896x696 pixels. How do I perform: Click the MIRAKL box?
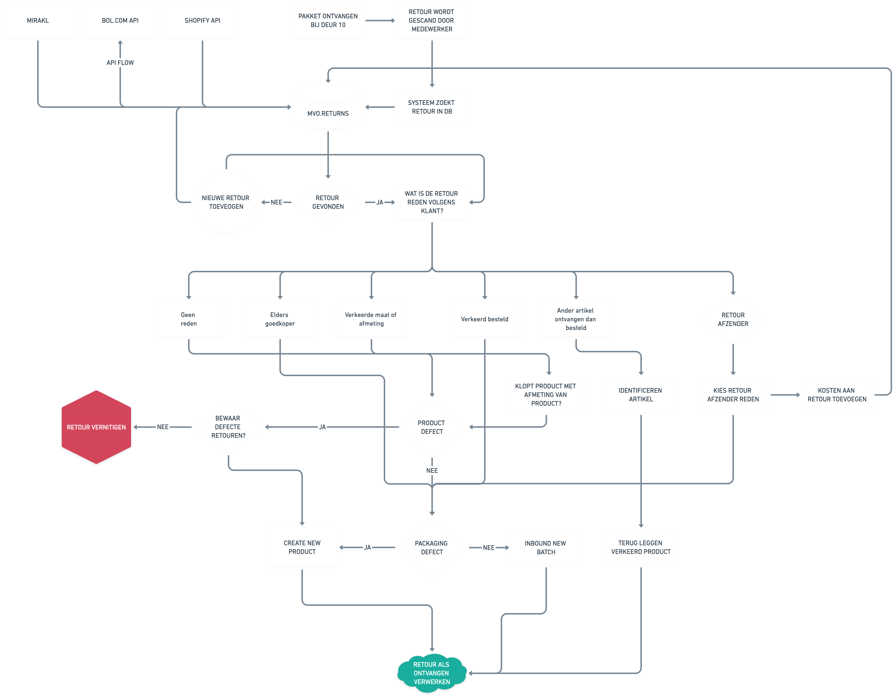38,21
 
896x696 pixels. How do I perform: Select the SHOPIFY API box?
202,21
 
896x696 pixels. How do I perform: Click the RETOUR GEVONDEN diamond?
328,202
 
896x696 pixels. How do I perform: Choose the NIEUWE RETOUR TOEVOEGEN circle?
226,202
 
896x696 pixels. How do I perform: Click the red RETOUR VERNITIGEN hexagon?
96,427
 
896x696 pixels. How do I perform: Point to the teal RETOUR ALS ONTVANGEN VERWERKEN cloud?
432,673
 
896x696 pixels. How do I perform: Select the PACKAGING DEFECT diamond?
432,548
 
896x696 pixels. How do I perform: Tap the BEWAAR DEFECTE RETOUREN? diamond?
228,427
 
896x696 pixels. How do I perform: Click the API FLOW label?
120,63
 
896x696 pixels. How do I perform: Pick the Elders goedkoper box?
280,319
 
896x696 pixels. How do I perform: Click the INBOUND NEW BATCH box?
545,548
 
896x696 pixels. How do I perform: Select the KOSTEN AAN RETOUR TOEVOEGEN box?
837,395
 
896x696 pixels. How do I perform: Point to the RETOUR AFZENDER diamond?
733,319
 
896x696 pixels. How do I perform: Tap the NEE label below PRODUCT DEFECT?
432,471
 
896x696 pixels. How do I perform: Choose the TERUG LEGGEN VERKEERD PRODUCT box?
641,547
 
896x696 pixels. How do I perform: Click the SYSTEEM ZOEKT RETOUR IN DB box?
432,107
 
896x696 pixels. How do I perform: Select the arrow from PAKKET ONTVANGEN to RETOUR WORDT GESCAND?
380,21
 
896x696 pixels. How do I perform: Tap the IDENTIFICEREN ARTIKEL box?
641,395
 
